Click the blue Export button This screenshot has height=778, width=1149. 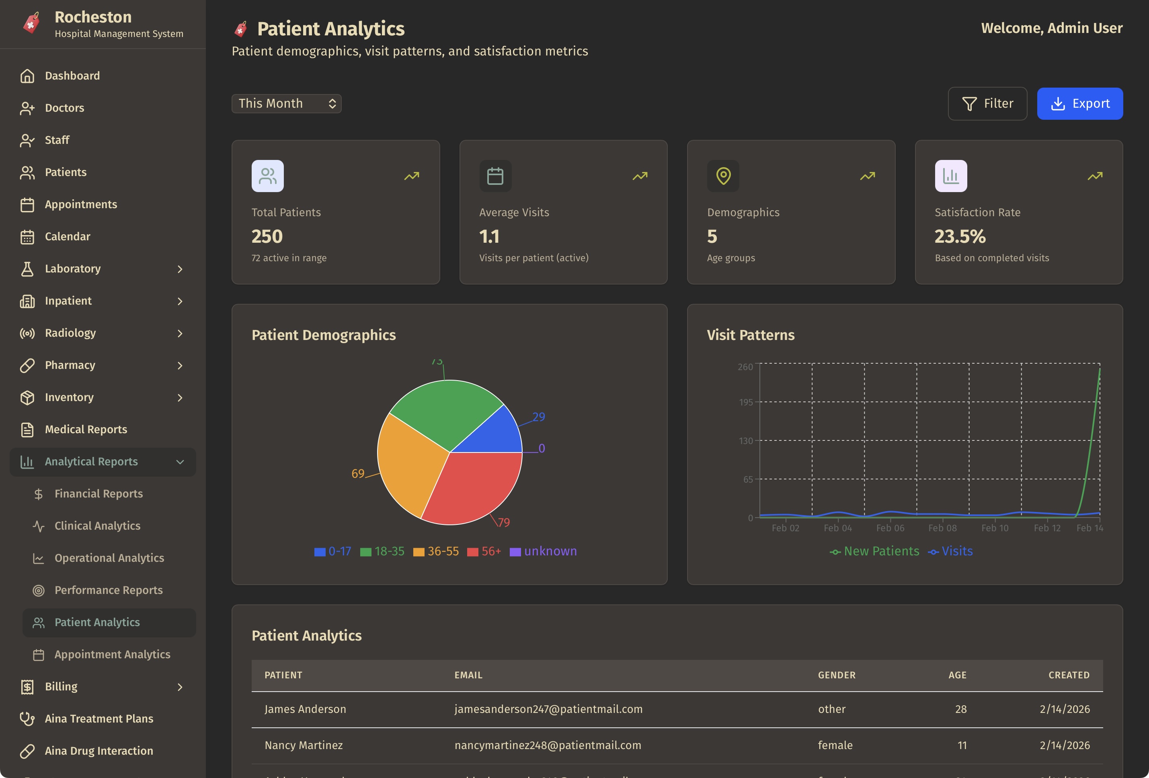click(1079, 104)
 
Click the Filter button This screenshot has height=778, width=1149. click(987, 104)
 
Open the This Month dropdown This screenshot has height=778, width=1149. click(286, 104)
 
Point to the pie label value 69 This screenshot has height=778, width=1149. click(357, 473)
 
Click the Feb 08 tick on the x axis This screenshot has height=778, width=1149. click(942, 528)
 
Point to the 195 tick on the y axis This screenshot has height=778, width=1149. click(746, 402)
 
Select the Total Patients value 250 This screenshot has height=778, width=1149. click(267, 237)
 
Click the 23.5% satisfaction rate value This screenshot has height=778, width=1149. click(960, 237)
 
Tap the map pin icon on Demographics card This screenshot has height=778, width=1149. click(723, 176)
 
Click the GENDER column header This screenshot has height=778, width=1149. click(837, 675)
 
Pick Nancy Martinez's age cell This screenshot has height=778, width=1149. click(962, 745)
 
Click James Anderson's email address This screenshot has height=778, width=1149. click(548, 709)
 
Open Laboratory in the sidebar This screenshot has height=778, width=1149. click(73, 269)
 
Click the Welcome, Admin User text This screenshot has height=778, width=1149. click(1051, 28)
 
